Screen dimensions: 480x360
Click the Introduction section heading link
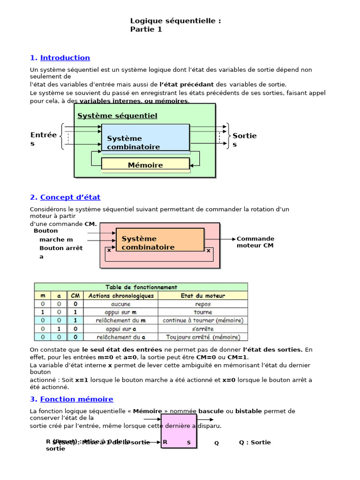click(65, 58)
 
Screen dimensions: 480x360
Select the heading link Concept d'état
click(70, 197)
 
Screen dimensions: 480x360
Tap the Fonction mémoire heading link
click(76, 399)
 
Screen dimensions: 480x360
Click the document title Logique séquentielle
click(175, 21)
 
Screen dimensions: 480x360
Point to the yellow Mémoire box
click(145, 165)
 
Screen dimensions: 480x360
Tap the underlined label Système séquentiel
click(117, 116)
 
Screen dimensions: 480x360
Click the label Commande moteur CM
click(255, 242)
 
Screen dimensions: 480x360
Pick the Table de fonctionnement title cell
click(141, 287)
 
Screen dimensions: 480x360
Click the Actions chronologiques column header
click(121, 296)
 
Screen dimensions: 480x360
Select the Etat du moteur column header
click(202, 296)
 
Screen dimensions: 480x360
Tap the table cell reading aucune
click(121, 304)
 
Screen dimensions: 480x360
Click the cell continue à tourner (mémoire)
click(202, 321)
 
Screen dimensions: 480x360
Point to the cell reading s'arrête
click(202, 329)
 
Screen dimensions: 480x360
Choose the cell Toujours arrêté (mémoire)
click(202, 337)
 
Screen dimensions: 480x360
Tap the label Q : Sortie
click(255, 442)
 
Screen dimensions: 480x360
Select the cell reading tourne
click(202, 312)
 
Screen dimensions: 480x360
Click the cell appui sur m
click(121, 312)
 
